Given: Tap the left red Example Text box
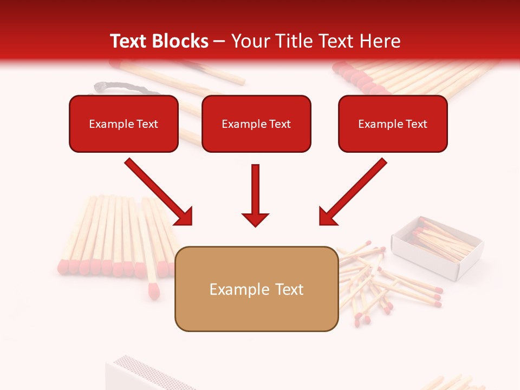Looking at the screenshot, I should coord(123,124).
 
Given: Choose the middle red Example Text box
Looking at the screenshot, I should coord(256,124).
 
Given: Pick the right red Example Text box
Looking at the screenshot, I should coord(393,124).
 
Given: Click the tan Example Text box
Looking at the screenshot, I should coord(256,289).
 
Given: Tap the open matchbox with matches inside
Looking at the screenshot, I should coord(437,247).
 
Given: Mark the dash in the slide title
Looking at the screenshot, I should coord(219,42).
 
